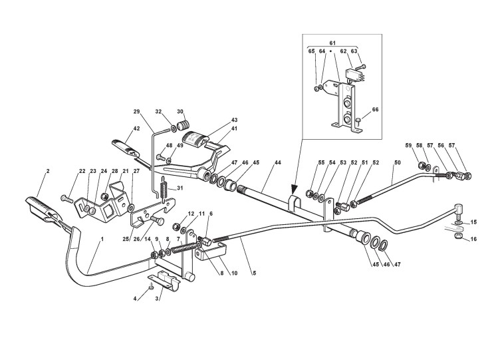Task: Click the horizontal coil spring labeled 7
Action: tap(184, 250)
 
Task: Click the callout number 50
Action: tap(398, 163)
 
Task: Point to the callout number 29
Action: tap(137, 111)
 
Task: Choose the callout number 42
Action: tap(136, 129)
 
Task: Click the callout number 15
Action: tap(474, 222)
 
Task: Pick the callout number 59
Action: tap(408, 145)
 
